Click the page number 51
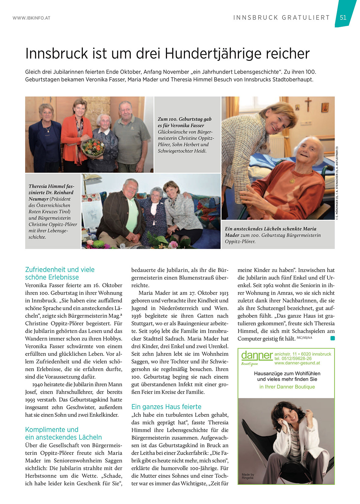click(x=343, y=17)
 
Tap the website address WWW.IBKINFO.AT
click(x=31, y=18)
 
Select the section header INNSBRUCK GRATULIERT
click(x=281, y=18)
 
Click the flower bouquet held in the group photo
click(x=92, y=147)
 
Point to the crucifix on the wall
click(x=308, y=104)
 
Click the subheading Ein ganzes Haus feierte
click(x=166, y=407)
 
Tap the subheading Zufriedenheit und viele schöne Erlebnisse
click(x=60, y=273)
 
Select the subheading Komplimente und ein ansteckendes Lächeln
click(x=63, y=433)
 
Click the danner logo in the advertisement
click(x=257, y=356)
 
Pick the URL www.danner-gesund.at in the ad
click(x=297, y=363)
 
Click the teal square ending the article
click(x=332, y=338)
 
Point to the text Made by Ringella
click(x=248, y=476)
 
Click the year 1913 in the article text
click(x=223, y=293)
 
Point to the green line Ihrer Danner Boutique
click(x=287, y=387)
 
